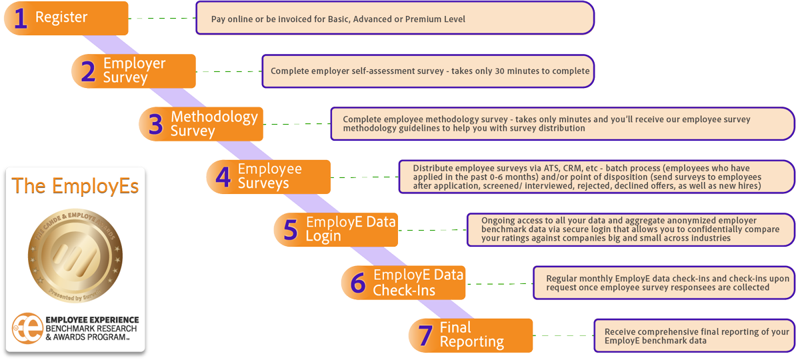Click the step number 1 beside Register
tap(21, 19)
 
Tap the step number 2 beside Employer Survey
tap(88, 71)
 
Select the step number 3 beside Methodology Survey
tap(155, 125)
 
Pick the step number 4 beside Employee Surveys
tap(223, 177)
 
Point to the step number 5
tap(290, 230)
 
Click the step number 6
tap(358, 283)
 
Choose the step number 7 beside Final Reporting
tap(425, 335)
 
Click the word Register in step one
tap(61, 18)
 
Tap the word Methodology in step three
tap(214, 117)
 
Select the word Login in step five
tap(323, 236)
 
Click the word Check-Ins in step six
tap(404, 290)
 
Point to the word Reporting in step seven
tap(471, 342)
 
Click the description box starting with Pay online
tap(395, 19)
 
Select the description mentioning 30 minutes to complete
tap(427, 71)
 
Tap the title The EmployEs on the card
tap(75, 187)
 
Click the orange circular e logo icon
tap(28, 327)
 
